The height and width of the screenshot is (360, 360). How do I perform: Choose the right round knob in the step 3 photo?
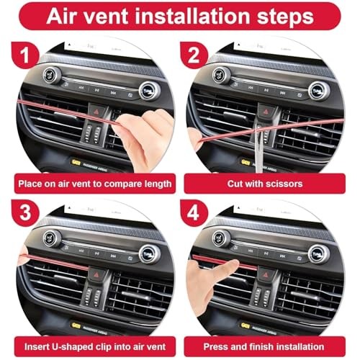(x=149, y=253)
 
